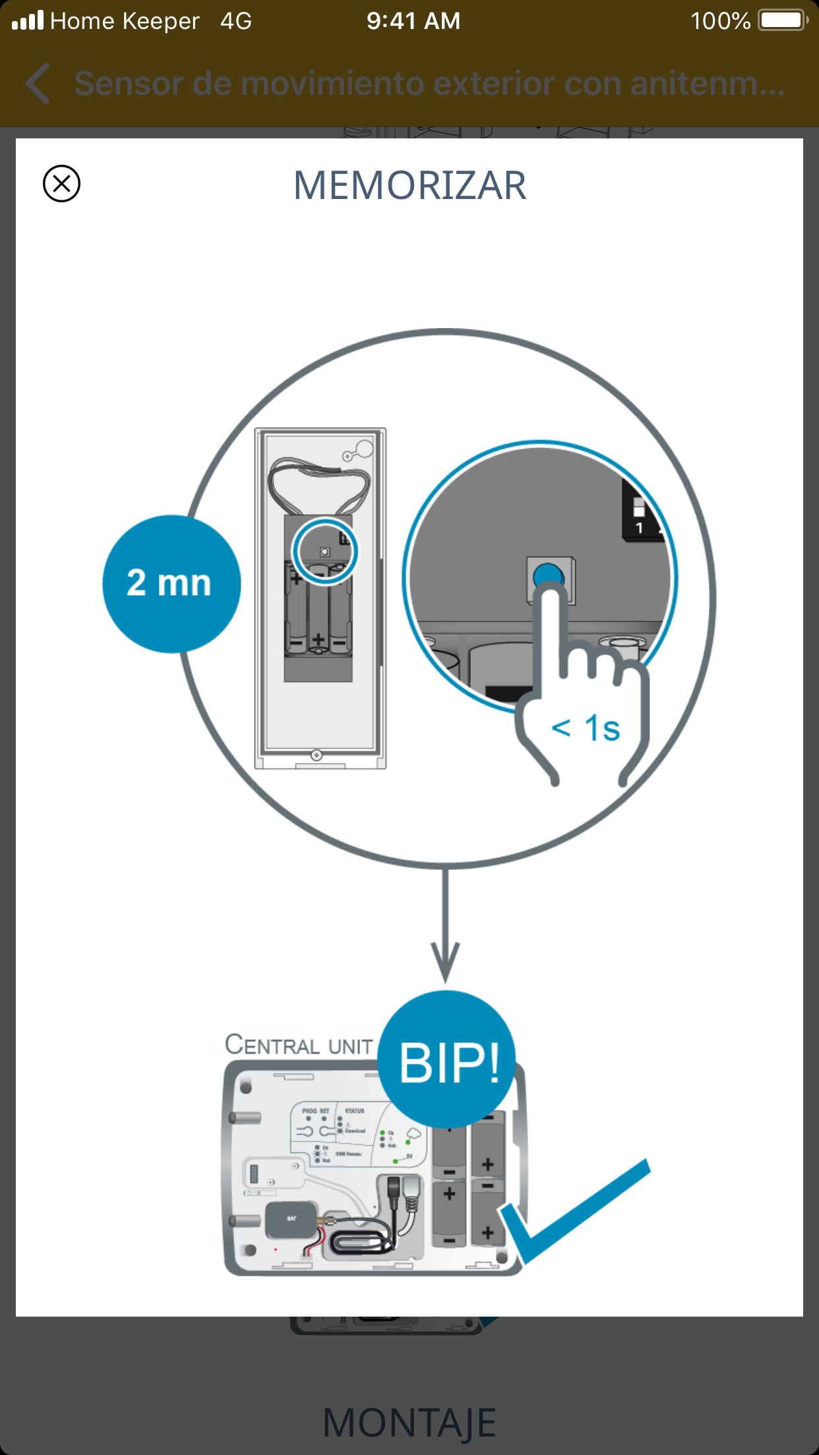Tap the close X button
coord(61,183)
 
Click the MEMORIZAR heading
coord(409,185)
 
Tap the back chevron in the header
coord(38,84)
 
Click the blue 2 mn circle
coord(171,584)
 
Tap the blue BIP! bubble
coord(448,1060)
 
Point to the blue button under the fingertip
coord(548,575)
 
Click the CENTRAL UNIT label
coord(299,1045)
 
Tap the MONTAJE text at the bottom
coord(409,1422)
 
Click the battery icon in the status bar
coord(782,20)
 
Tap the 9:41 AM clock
coord(413,21)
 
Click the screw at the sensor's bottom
coord(317,755)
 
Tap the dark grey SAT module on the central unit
coord(291,1220)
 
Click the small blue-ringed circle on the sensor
coord(324,551)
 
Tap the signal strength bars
coord(28,20)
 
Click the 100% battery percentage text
coord(720,21)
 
